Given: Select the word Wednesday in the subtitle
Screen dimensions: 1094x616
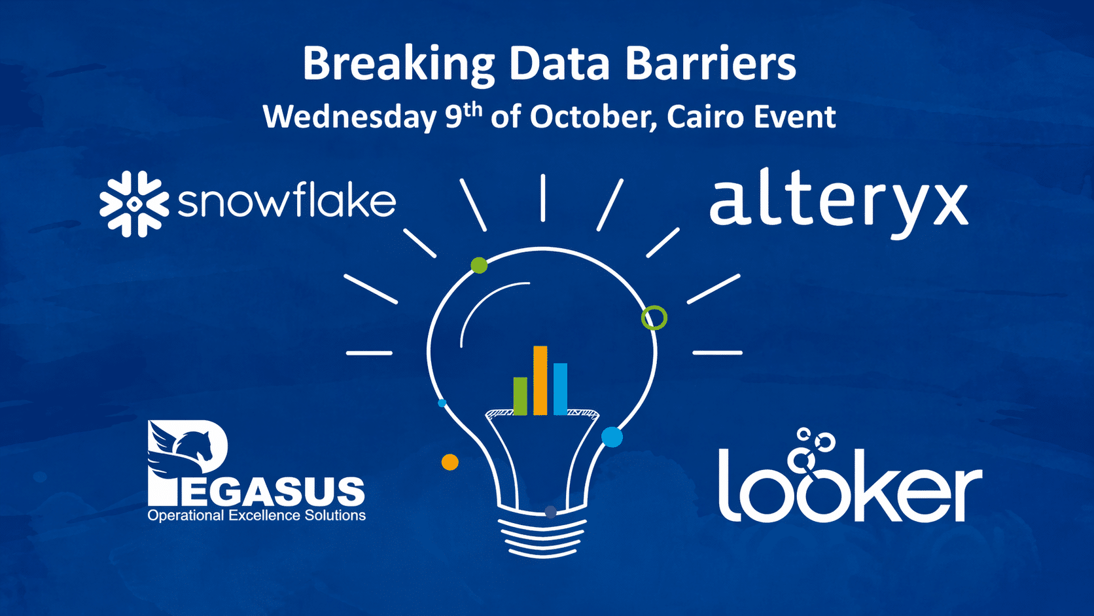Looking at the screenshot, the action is tap(349, 117).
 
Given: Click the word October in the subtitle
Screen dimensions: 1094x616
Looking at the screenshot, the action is tap(593, 117).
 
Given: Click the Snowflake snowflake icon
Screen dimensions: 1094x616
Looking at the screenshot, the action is tap(134, 204).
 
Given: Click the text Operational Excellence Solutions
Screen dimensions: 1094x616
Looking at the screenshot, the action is tap(256, 516).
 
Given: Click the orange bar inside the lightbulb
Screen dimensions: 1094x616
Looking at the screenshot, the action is tap(540, 380).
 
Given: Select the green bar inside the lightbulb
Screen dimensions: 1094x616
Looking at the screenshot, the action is tap(520, 396).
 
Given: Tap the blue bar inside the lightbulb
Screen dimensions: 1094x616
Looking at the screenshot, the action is tap(560, 389).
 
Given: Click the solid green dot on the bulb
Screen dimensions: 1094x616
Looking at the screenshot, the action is tap(479, 265).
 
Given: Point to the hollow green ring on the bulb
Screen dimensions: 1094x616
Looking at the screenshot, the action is tap(654, 308).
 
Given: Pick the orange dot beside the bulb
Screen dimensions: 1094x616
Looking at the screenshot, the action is tap(450, 462).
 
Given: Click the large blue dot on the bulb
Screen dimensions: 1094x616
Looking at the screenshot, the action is tap(612, 437).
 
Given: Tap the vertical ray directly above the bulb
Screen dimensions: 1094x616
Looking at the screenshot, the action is tap(542, 197).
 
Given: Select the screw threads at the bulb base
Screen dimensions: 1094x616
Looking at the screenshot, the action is tap(542, 537).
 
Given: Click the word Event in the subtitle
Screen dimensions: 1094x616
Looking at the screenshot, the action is tap(794, 117).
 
